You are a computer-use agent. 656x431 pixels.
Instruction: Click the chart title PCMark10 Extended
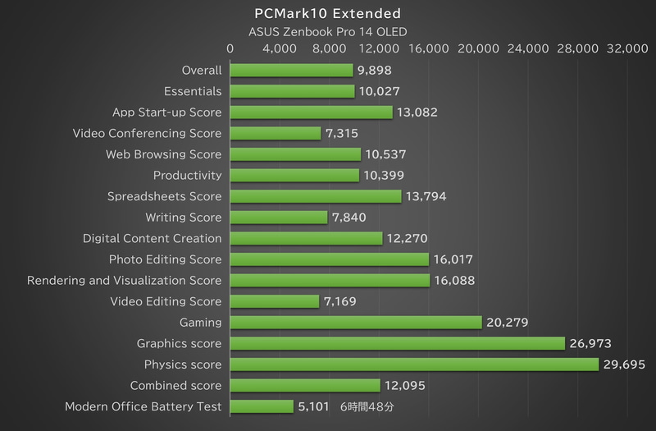[328, 13]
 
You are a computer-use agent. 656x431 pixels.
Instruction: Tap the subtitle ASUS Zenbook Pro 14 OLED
[328, 32]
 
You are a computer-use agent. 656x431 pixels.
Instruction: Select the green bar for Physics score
[414, 365]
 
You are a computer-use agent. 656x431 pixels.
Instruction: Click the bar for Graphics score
[397, 343]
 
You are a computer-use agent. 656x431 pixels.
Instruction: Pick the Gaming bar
[355, 323]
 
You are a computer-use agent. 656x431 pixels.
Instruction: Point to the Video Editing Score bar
[274, 301]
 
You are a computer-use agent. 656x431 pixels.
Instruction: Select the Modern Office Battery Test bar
[261, 406]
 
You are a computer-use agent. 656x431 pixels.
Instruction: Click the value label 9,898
[375, 71]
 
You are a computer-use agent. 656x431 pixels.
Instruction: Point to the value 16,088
[454, 281]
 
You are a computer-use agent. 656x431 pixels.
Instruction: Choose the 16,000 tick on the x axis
[427, 49]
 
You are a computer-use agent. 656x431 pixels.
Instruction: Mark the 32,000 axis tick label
[627, 49]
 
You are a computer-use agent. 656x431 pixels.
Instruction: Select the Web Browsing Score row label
[163, 154]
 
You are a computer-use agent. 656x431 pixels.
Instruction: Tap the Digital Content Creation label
[152, 238]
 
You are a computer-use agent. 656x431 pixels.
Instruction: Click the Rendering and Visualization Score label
[124, 281]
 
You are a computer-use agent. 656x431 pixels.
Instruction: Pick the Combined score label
[175, 385]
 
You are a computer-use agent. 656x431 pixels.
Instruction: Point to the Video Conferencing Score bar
[275, 133]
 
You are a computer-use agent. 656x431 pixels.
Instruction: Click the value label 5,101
[315, 406]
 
